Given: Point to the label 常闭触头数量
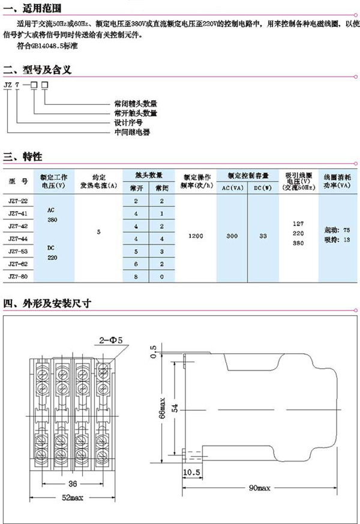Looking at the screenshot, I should tap(135, 103).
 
